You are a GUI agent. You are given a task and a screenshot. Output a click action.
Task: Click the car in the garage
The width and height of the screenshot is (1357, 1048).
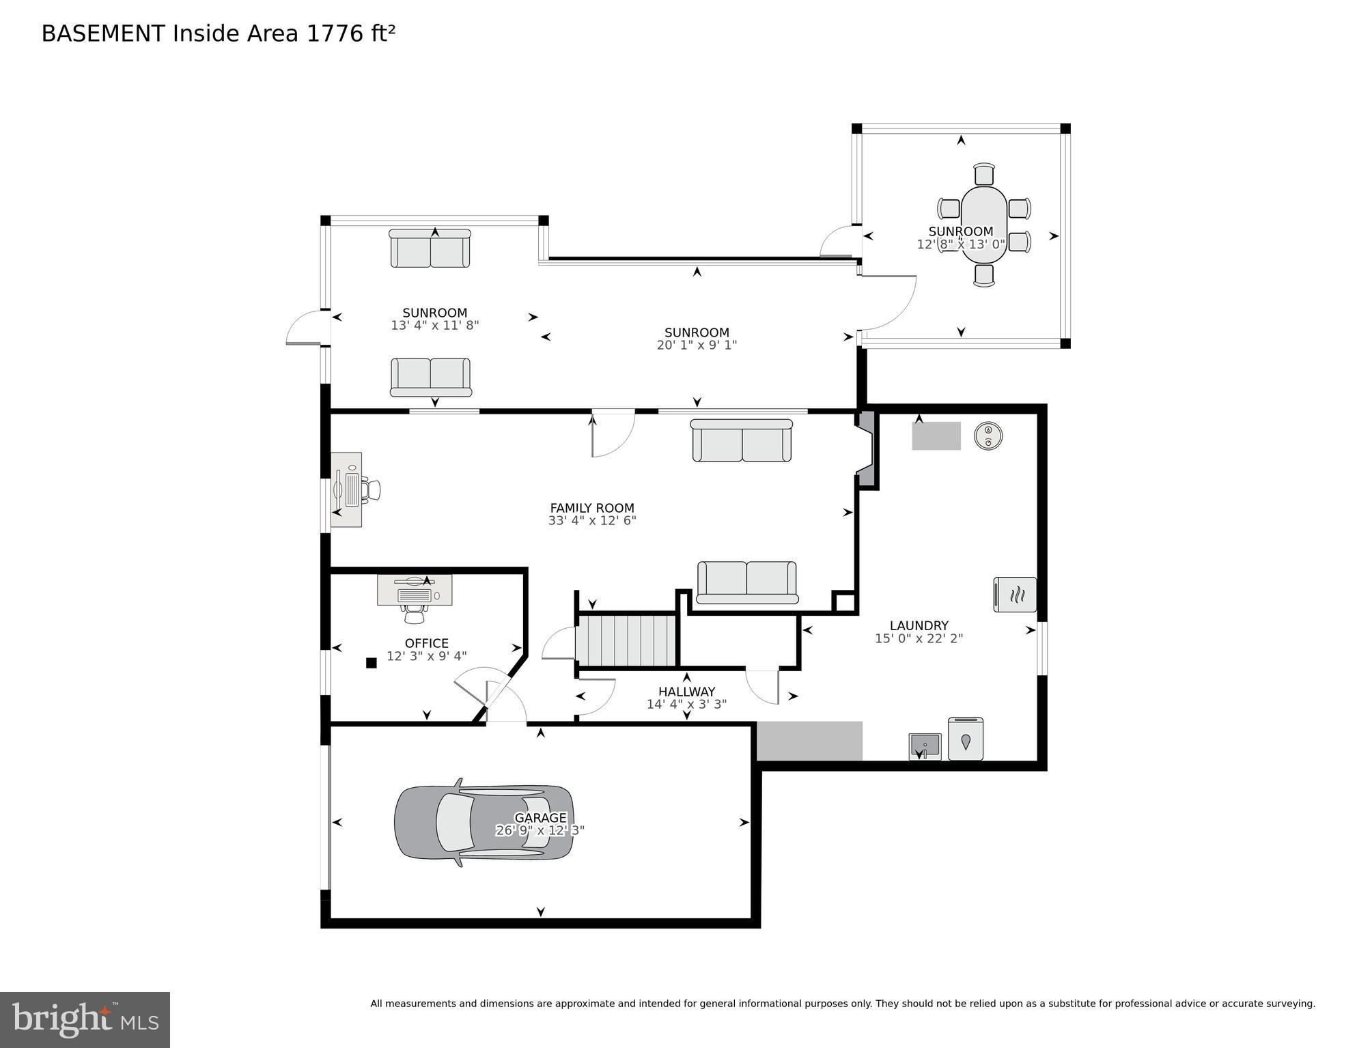point(484,823)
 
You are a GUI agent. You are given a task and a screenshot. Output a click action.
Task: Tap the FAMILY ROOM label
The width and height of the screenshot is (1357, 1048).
point(592,508)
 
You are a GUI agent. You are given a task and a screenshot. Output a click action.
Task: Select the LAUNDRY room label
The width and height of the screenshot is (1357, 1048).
point(919,625)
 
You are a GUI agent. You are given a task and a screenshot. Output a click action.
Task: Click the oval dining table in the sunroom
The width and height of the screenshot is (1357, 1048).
point(984,225)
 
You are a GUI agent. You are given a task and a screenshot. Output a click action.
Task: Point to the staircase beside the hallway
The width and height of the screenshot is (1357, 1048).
point(626,640)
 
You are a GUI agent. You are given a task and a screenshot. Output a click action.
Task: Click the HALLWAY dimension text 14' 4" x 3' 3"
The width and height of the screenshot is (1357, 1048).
point(686,704)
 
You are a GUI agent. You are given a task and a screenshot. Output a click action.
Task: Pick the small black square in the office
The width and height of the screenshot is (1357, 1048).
point(372,662)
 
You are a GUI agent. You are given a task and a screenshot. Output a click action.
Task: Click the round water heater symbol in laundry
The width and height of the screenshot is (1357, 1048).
point(988,436)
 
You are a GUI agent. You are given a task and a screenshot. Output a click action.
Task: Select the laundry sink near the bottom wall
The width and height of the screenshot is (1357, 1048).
point(925,746)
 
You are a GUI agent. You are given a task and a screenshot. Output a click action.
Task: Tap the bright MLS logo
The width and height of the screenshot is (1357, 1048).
point(85,1019)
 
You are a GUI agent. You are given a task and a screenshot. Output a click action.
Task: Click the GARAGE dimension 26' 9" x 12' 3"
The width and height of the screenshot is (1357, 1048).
point(540,830)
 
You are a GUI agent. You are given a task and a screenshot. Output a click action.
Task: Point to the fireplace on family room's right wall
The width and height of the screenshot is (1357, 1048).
point(866,449)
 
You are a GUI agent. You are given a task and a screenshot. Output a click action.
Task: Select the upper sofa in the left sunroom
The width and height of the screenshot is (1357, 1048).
point(430,249)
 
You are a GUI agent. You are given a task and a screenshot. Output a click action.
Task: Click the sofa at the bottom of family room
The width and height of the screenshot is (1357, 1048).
point(746,582)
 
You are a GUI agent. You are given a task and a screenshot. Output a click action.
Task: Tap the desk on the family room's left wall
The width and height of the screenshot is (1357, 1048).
point(347,490)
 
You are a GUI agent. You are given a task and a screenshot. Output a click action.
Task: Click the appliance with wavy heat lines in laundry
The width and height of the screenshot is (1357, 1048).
point(1015,594)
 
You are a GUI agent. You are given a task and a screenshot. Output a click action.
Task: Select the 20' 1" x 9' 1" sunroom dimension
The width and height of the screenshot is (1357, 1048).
point(697,345)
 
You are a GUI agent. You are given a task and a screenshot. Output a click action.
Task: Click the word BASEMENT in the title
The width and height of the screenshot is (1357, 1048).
point(103,33)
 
